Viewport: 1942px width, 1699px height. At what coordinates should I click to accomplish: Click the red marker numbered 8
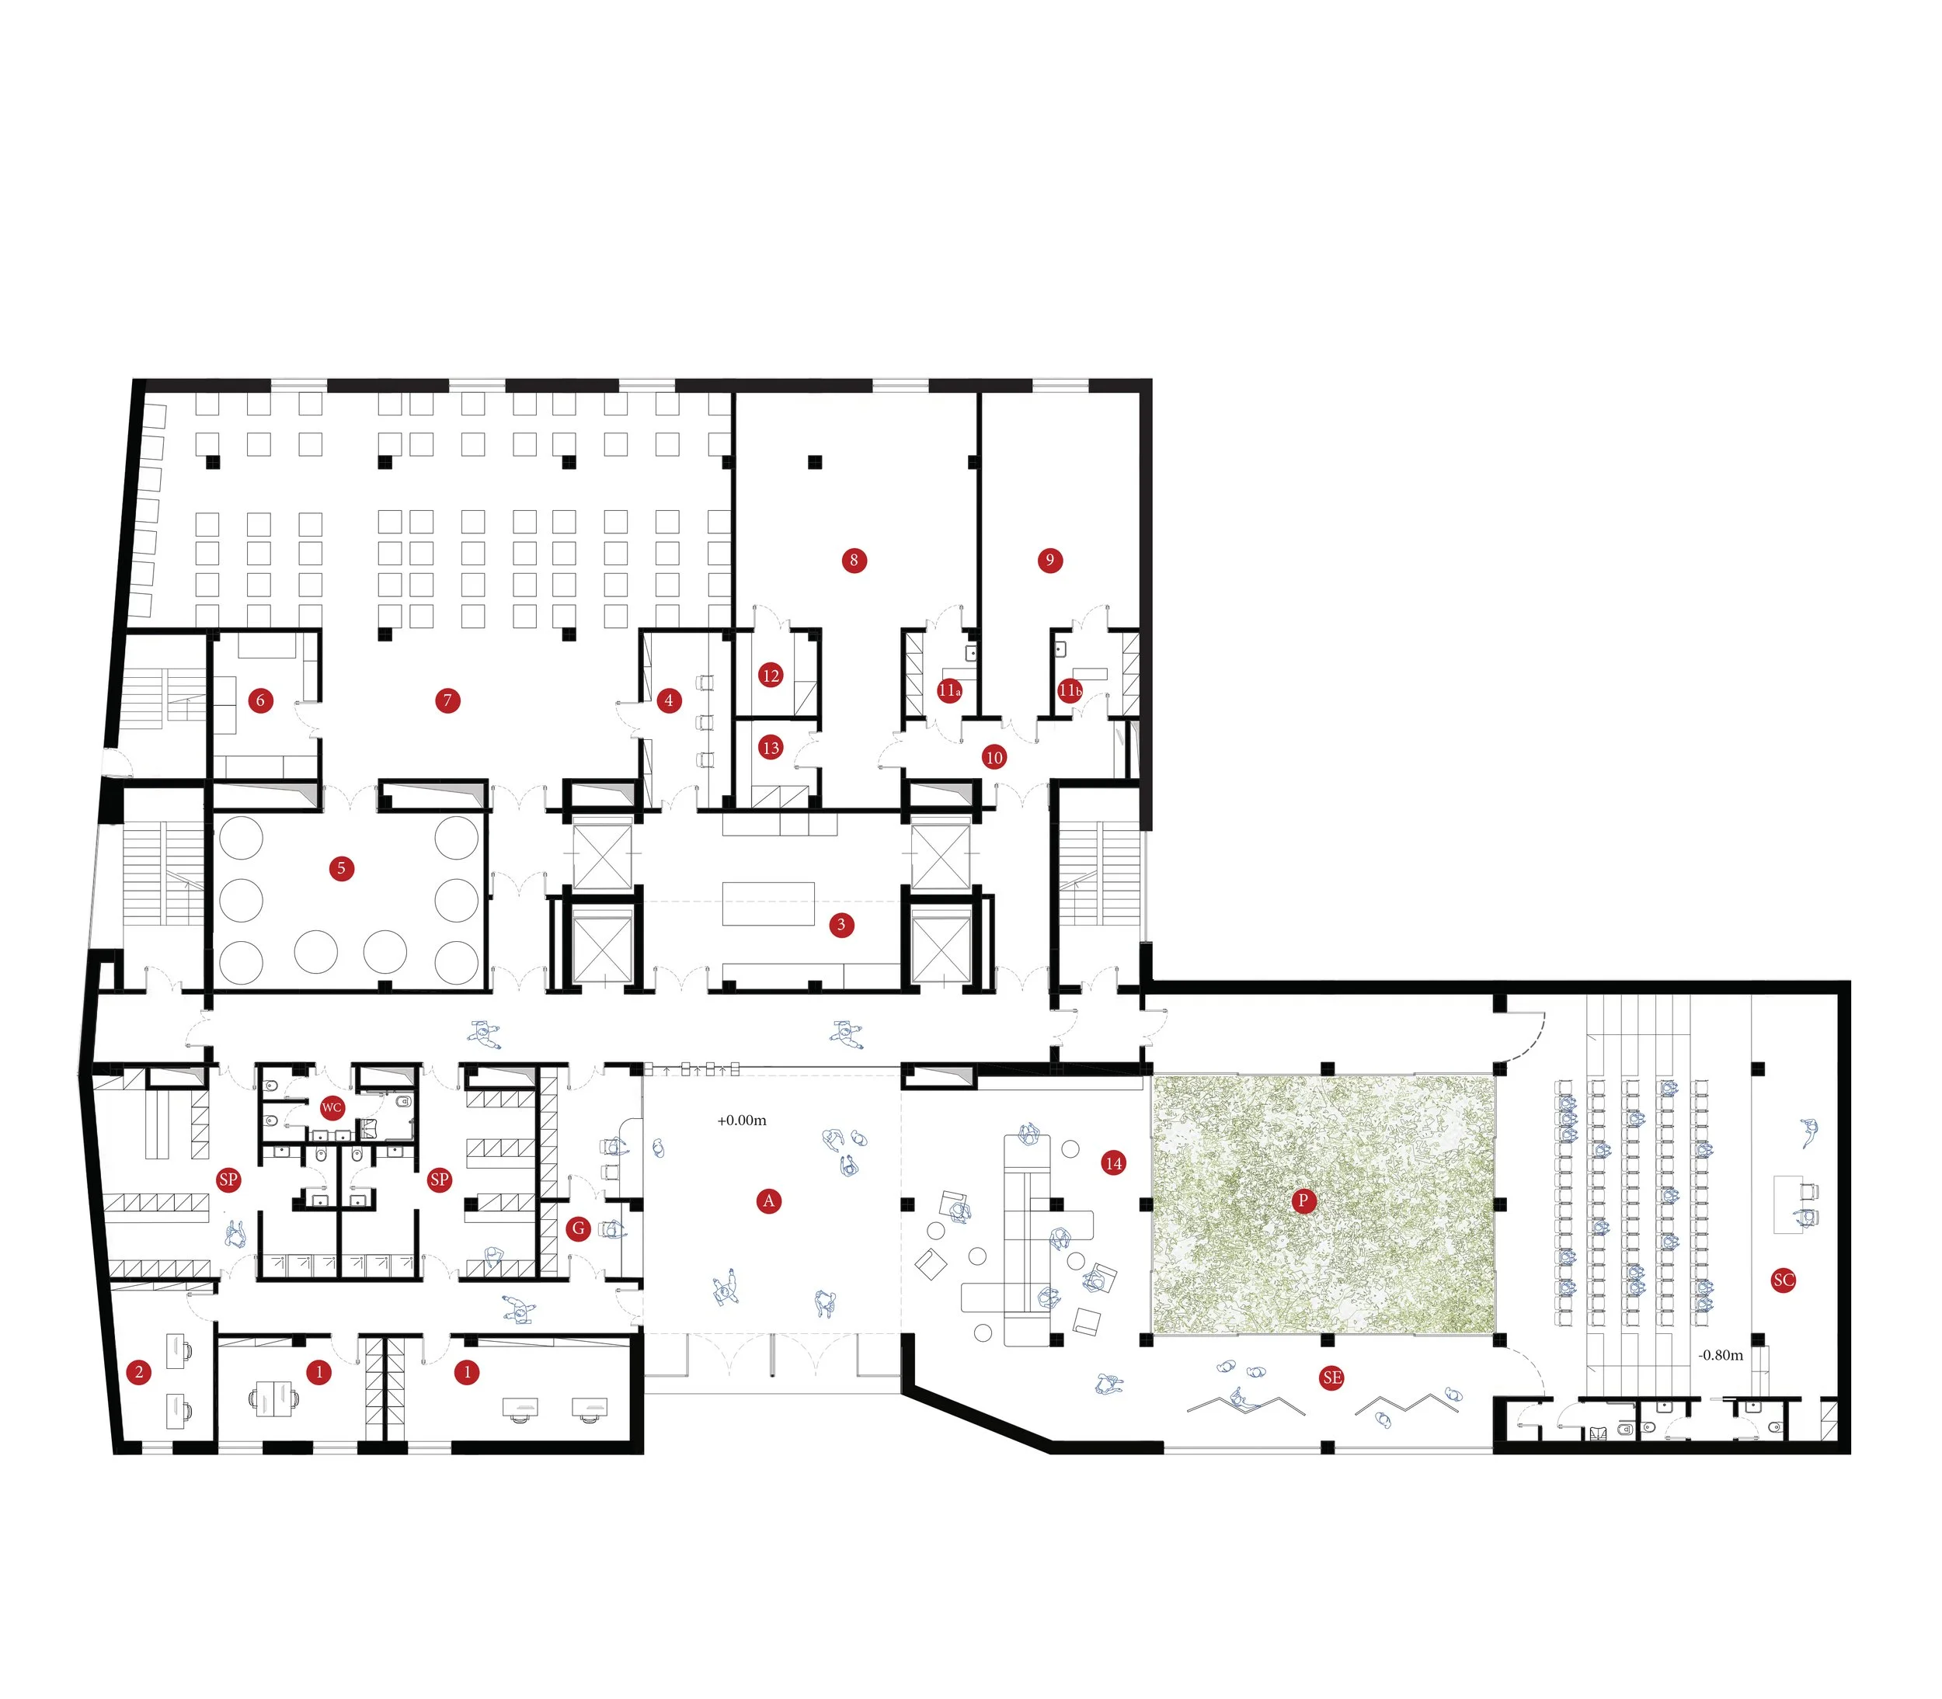854,561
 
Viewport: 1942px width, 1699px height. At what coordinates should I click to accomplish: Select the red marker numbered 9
1049,561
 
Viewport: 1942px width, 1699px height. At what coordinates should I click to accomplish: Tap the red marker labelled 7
447,700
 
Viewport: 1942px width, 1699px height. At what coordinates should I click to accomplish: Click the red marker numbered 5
341,868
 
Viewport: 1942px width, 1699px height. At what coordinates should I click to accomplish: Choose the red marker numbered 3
841,924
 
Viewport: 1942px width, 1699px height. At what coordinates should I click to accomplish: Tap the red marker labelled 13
771,748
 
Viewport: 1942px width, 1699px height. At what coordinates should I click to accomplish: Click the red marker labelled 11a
949,690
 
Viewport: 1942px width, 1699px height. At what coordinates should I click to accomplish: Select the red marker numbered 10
994,758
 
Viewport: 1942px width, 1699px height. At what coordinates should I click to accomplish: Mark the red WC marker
331,1107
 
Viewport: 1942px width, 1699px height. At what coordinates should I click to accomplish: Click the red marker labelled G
577,1228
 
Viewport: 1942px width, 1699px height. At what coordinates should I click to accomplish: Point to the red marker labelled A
769,1201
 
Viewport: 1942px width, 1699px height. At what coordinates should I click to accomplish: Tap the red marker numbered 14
1113,1162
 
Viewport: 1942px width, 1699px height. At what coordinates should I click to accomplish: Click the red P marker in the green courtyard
1303,1201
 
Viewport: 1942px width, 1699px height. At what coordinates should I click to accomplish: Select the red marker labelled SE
1331,1378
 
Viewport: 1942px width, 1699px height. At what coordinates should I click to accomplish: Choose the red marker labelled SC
1783,1280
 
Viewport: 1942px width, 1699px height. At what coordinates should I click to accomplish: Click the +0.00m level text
742,1121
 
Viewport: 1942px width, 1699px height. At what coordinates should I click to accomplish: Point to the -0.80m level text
1720,1355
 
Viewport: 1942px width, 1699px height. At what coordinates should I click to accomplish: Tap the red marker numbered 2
139,1372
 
